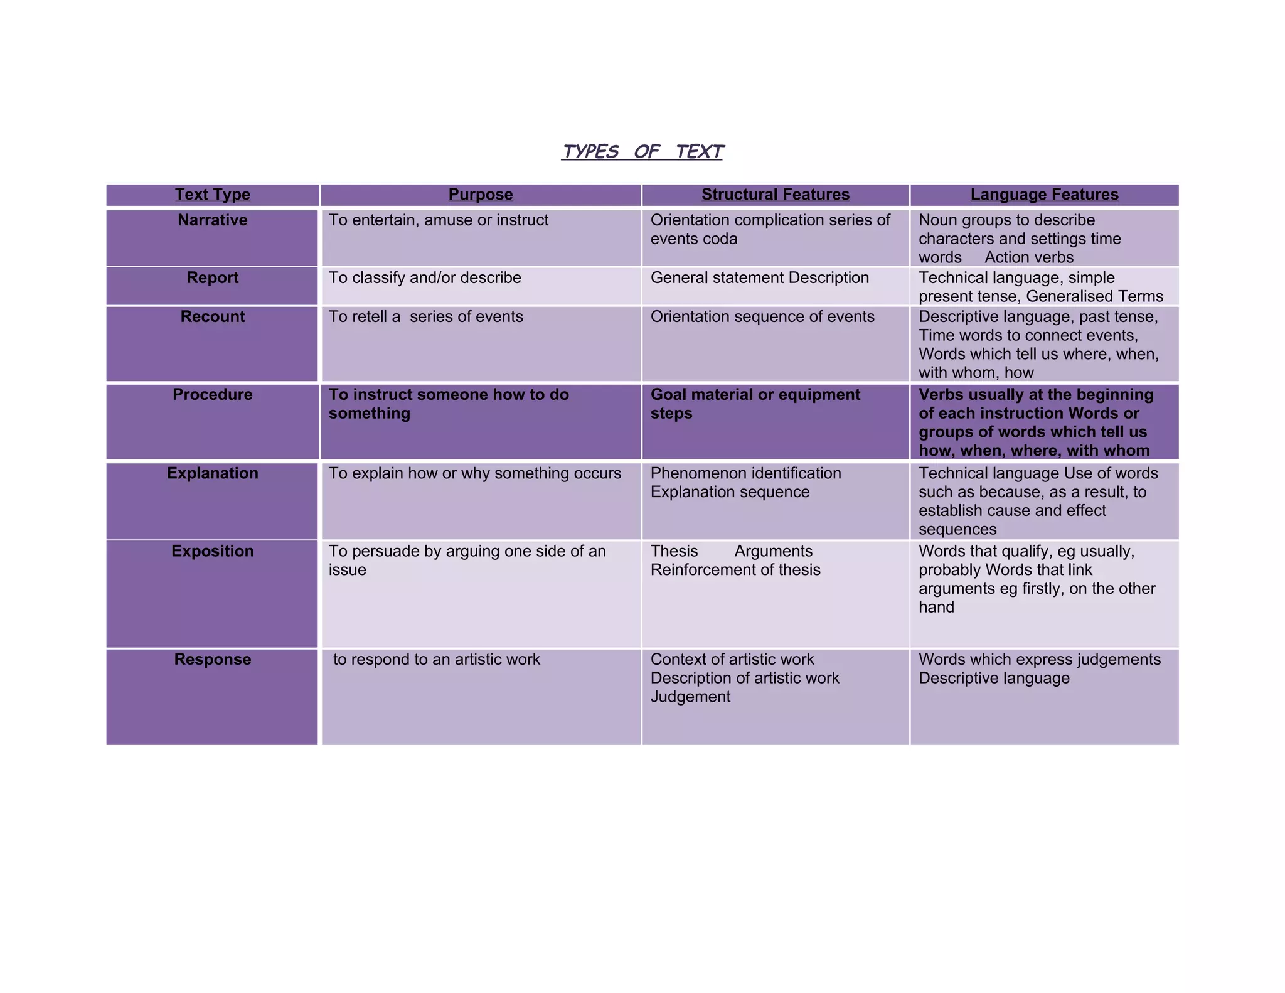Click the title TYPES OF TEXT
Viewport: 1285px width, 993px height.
tap(642, 152)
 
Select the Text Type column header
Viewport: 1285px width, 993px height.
tap(212, 195)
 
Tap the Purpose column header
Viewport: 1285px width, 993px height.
tap(481, 195)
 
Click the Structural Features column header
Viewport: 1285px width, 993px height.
tap(776, 195)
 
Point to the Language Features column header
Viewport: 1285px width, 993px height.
tap(1044, 195)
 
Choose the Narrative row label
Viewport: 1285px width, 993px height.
tap(212, 220)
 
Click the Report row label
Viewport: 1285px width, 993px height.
tap(212, 278)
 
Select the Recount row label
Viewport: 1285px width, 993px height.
tap(212, 317)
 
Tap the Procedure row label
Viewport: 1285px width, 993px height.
tap(212, 395)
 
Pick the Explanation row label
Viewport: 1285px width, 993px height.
tap(212, 473)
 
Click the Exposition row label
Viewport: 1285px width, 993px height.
tap(212, 551)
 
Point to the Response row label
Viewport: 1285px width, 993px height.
tap(212, 660)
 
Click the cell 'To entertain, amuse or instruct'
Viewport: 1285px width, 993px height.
tap(439, 220)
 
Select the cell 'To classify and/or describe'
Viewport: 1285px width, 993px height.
tap(425, 278)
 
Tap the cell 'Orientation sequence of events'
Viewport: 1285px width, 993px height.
tap(762, 317)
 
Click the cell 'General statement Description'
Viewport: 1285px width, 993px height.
tap(760, 278)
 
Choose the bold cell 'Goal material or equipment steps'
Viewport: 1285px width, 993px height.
tap(755, 404)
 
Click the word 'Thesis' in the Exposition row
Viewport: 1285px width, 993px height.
tap(674, 551)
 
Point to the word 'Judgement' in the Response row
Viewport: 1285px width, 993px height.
tap(690, 697)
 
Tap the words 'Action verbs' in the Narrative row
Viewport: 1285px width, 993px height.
tap(1029, 257)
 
